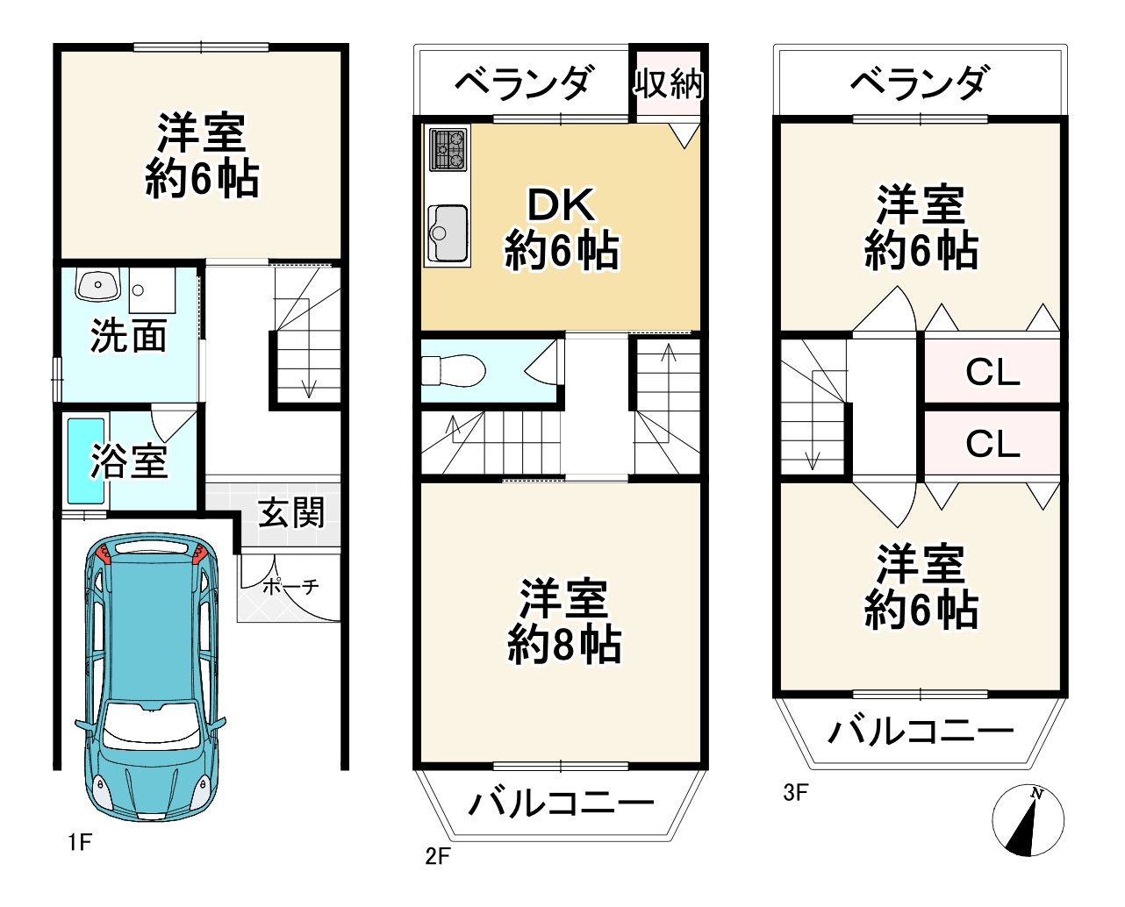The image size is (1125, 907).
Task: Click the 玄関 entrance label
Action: (290, 512)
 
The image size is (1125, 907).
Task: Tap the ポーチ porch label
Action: (290, 586)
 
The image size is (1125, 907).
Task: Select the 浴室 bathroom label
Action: (129, 461)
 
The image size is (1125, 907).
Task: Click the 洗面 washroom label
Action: (128, 336)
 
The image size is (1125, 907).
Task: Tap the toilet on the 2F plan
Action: (455, 370)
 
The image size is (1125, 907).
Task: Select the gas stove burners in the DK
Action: (448, 149)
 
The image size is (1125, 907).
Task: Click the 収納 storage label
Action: (669, 84)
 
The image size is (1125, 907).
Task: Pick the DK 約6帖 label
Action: (562, 228)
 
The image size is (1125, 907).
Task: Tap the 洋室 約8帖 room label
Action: (564, 621)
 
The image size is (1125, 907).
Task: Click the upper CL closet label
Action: (992, 373)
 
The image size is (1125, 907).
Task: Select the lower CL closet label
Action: (992, 444)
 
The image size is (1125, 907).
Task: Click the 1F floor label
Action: (79, 843)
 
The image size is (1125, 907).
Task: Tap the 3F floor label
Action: (795, 793)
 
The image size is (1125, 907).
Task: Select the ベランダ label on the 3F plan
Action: (919, 83)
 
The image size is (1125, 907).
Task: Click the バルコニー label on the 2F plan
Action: (562, 802)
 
